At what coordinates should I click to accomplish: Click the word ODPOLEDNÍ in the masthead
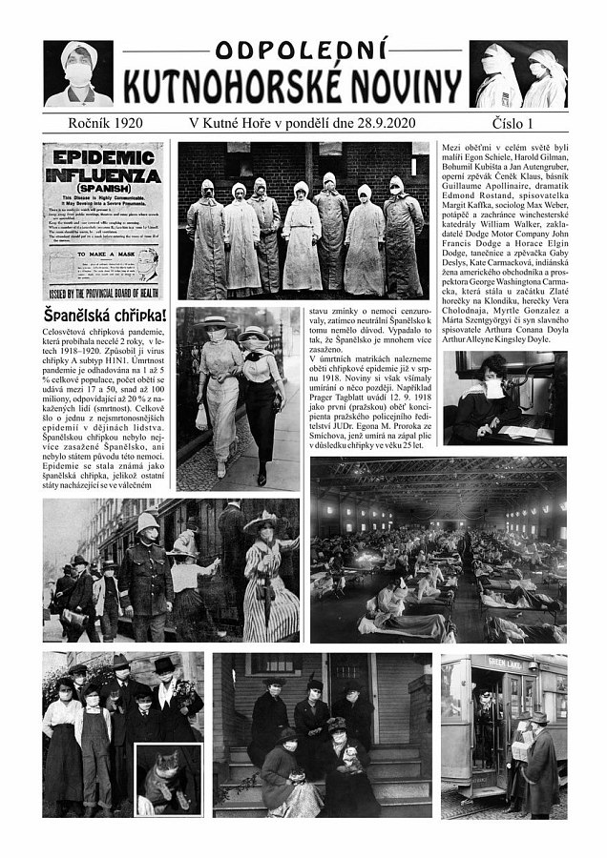click(303, 52)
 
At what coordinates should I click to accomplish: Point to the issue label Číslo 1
click(527, 123)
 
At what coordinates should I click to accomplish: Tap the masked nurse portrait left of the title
click(77, 73)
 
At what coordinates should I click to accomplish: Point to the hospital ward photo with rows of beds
click(438, 549)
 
